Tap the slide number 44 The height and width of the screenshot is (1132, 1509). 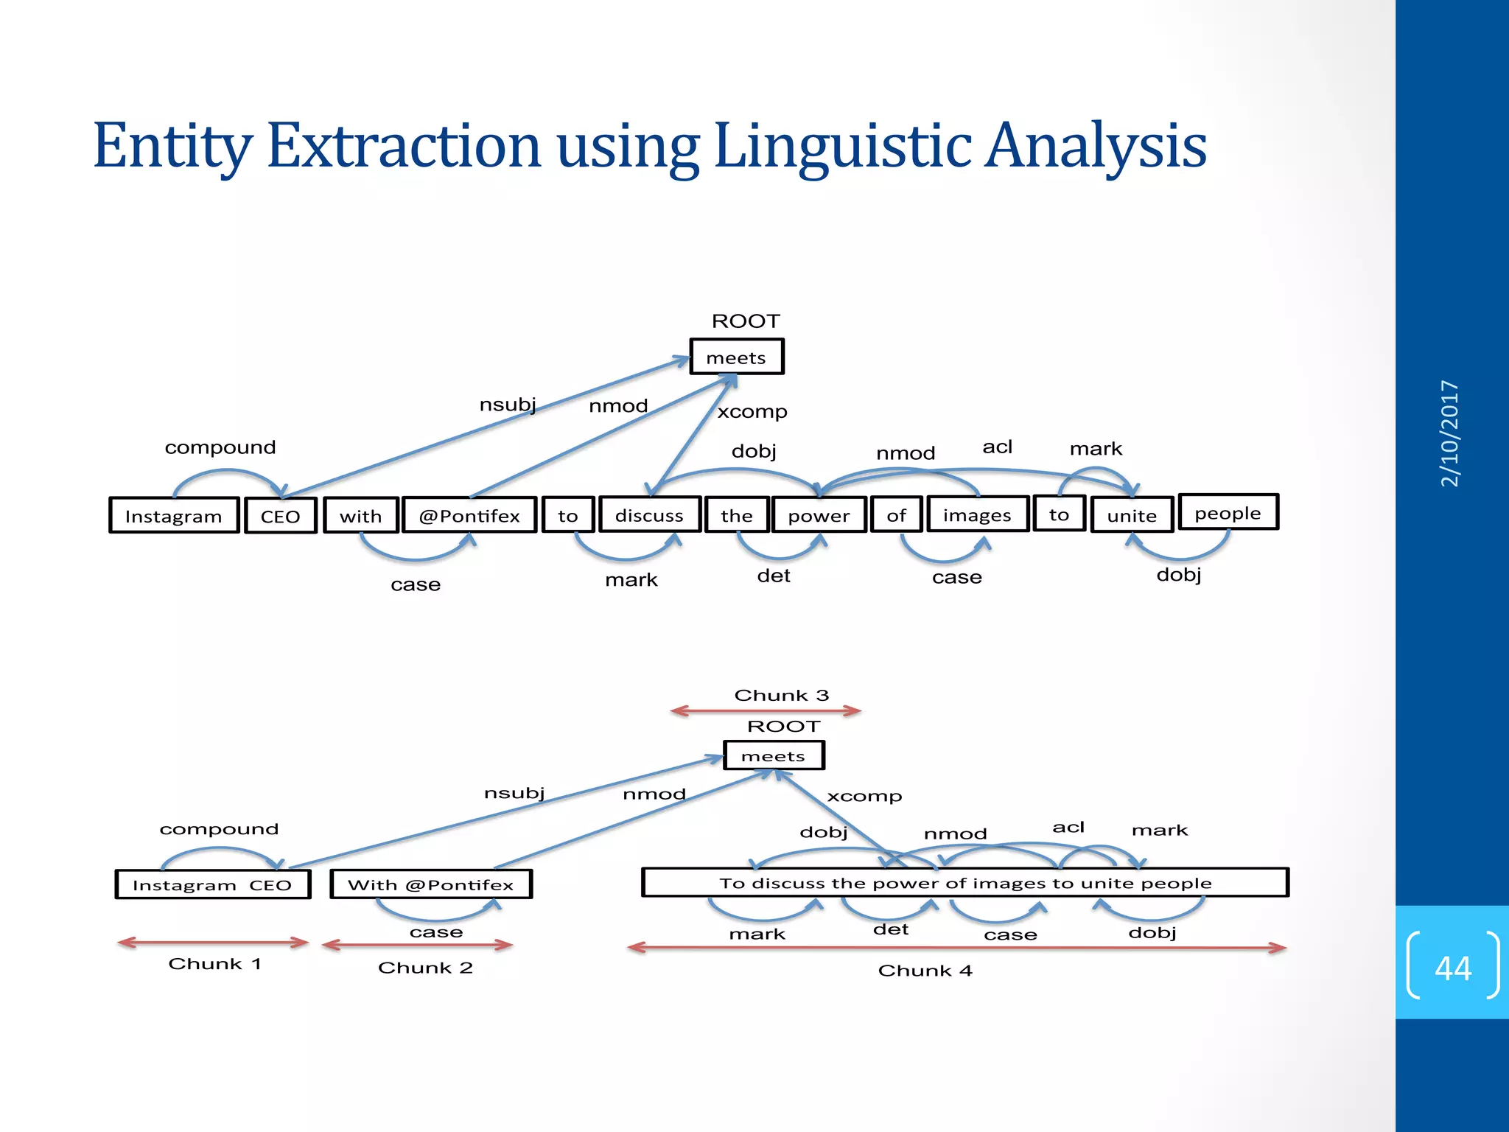point(1452,968)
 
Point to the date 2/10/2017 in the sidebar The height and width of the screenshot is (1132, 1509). point(1449,433)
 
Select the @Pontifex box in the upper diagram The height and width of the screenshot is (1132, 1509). point(469,515)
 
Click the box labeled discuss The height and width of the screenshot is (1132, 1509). point(649,514)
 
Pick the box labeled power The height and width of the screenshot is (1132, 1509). point(819,515)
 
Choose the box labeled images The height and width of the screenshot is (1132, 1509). point(977,514)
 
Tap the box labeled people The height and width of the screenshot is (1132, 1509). point(1228,512)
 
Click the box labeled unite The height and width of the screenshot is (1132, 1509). point(1131,515)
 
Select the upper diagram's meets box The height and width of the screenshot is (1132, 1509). point(736,357)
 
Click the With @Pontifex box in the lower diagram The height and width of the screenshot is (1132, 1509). point(430,884)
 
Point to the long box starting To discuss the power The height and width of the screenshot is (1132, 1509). point(964,883)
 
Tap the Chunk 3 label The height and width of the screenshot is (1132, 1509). point(781,695)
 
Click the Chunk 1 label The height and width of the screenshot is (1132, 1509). point(214,963)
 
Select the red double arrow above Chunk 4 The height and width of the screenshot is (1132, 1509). point(956,948)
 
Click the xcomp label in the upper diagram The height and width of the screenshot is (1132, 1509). point(752,411)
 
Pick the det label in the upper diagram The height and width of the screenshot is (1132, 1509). point(773,576)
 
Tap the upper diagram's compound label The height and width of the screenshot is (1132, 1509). point(220,447)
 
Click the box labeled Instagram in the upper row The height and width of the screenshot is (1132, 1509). point(174,516)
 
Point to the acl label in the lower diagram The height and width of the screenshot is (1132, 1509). point(1068,827)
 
